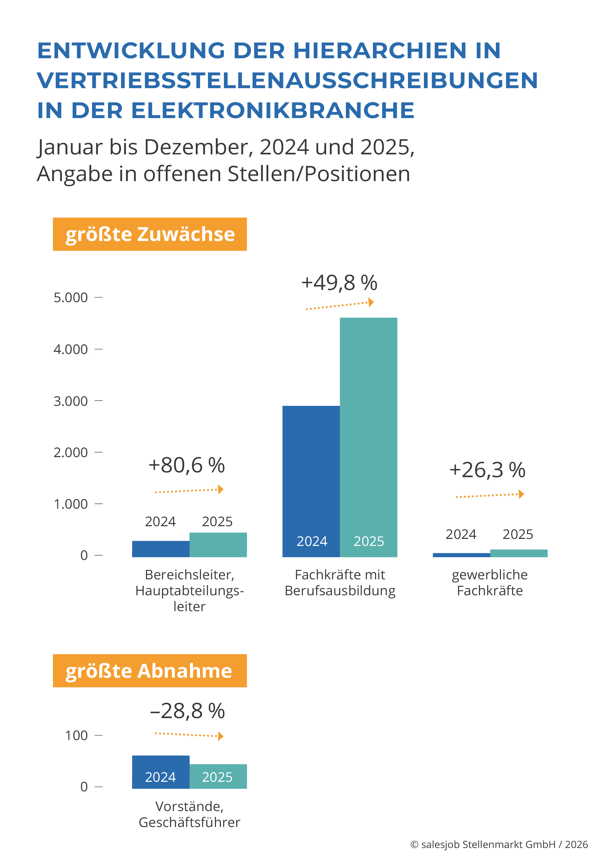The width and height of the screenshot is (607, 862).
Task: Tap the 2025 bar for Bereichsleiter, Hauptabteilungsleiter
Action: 218,544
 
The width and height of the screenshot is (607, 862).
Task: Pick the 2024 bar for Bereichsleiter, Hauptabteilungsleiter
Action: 161,548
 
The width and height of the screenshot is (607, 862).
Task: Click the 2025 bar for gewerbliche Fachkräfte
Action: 519,553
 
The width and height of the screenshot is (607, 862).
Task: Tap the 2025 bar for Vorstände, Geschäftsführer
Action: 218,776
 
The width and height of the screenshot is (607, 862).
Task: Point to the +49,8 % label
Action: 339,283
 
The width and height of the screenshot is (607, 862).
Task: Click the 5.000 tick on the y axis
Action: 71,297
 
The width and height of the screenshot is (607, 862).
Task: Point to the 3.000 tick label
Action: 71,401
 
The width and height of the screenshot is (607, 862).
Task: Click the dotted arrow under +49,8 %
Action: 339,305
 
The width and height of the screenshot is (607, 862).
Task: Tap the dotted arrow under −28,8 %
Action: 189,735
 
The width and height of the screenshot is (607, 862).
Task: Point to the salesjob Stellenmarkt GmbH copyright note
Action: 499,844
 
